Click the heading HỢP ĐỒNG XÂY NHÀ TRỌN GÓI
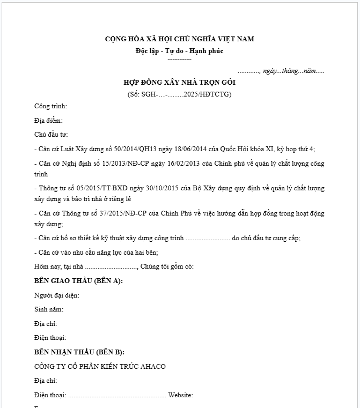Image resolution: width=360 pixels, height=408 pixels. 179,83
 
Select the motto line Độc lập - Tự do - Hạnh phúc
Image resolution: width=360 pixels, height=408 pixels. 179,51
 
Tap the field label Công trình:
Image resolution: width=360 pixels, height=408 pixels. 50,106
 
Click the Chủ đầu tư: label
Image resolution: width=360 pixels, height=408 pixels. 51,135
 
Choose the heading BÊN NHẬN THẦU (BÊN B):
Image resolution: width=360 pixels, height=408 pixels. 79,352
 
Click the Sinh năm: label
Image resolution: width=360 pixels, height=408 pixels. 49,309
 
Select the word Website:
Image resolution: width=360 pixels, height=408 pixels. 181,396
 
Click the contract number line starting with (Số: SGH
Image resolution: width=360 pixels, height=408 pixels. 179,94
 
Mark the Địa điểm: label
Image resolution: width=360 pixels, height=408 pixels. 48,121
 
